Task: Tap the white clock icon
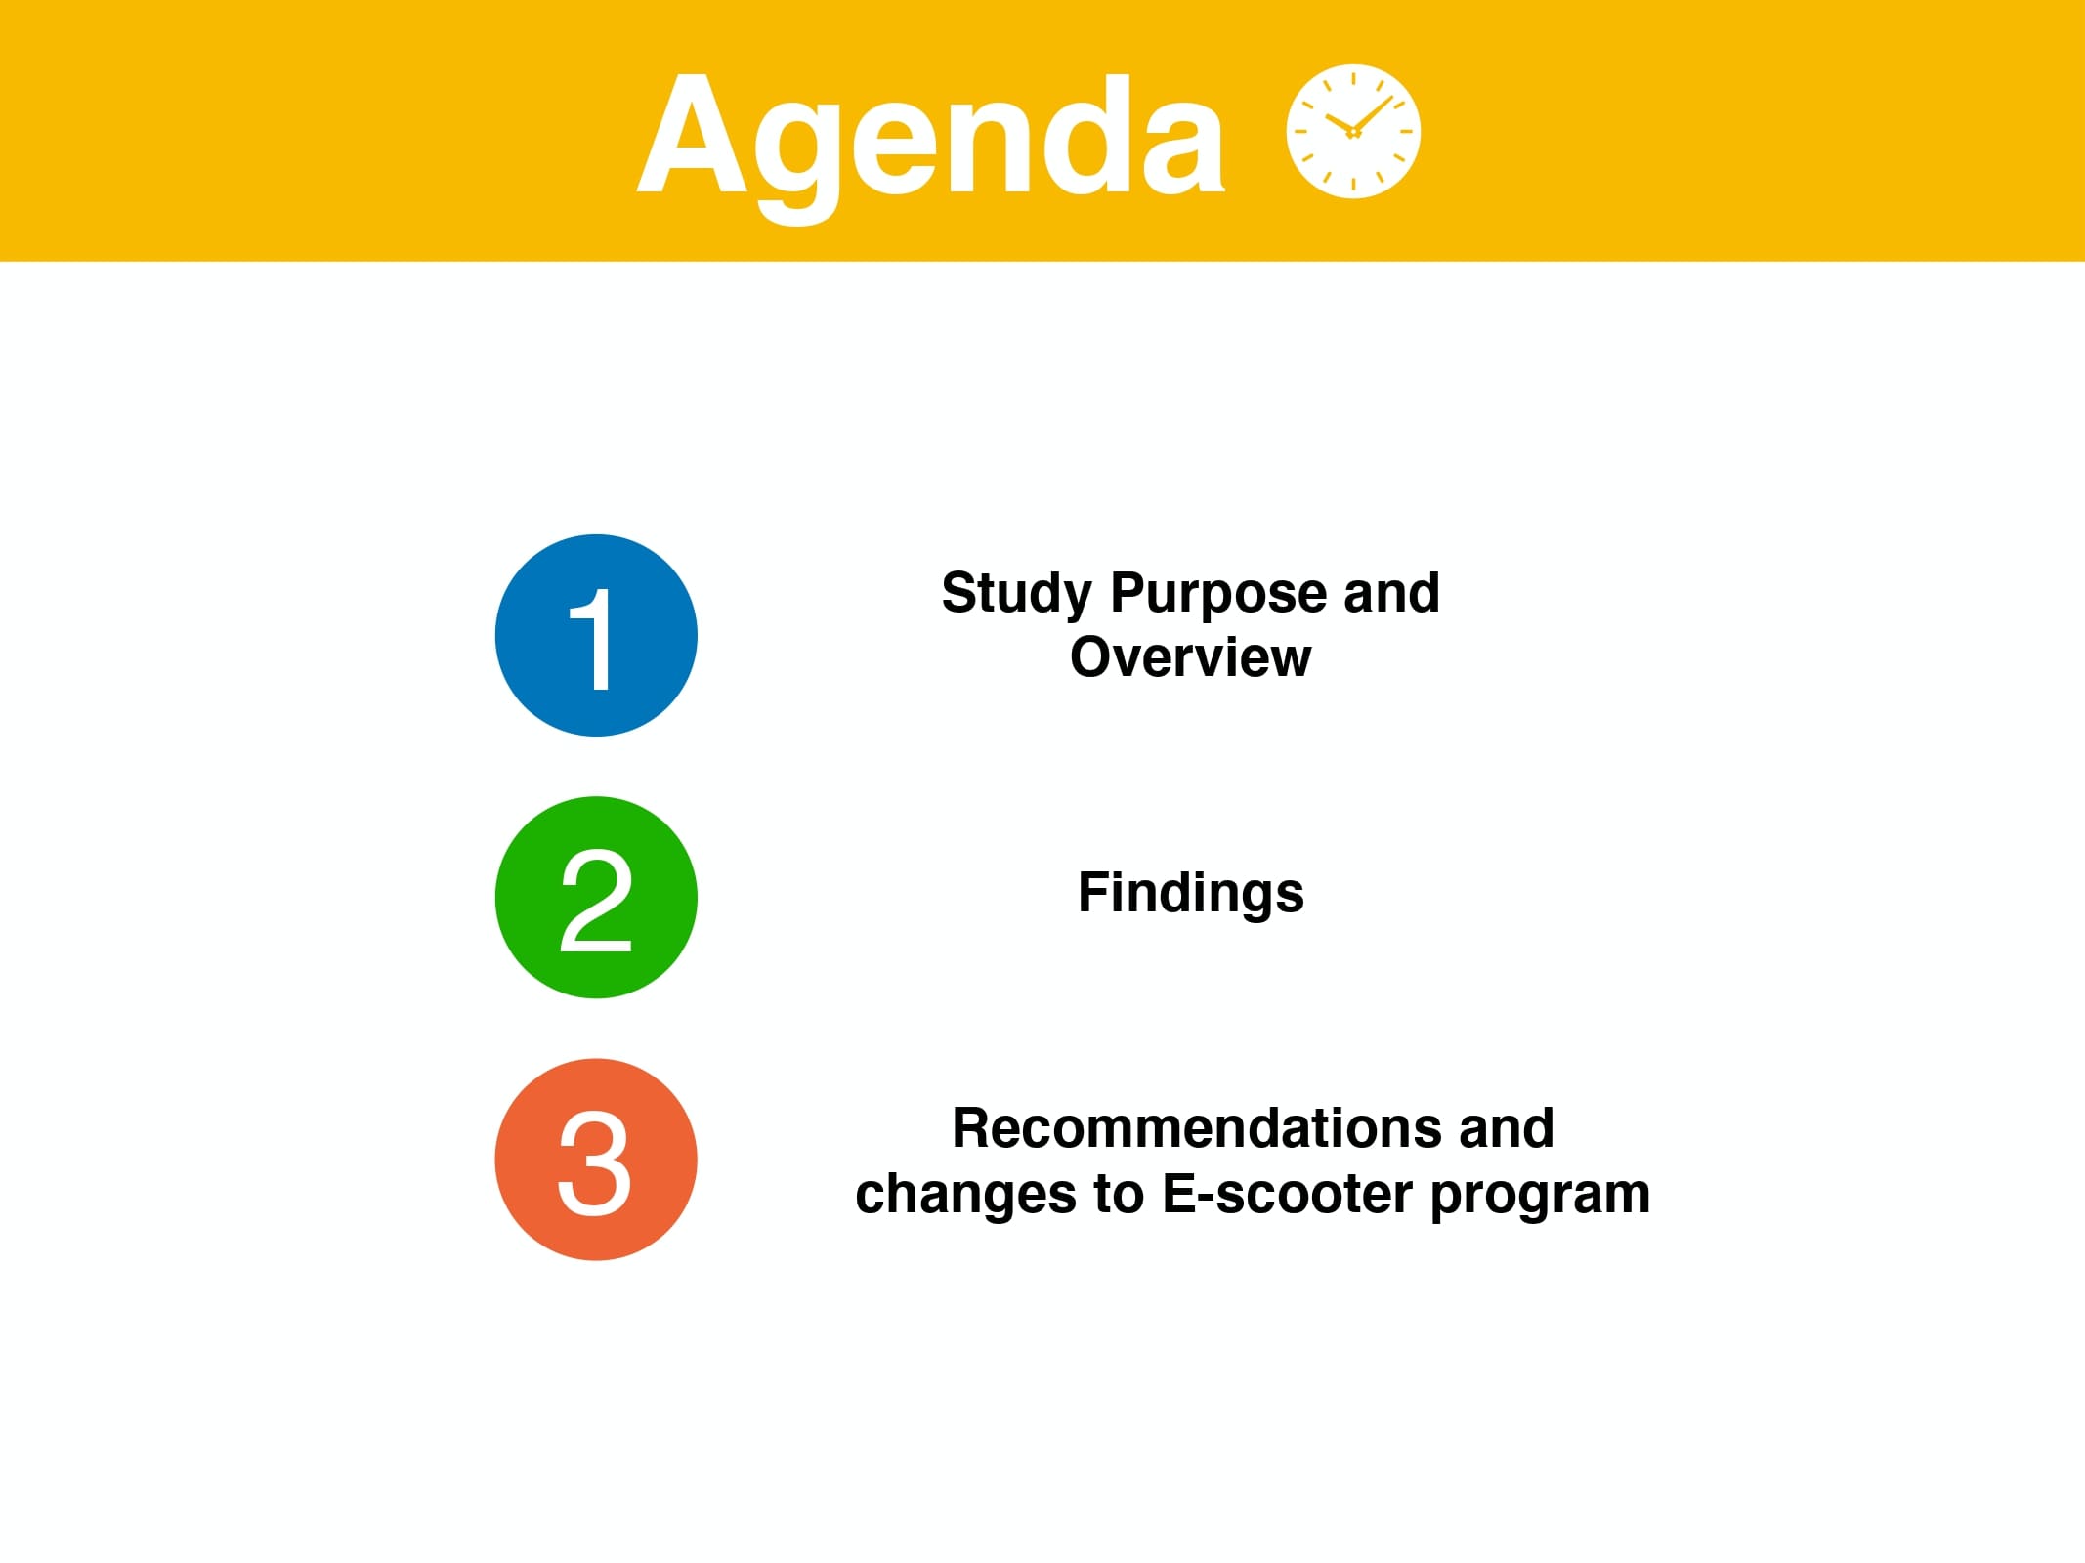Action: tap(1353, 132)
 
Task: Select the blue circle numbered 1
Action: tap(596, 636)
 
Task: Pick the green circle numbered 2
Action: tap(596, 898)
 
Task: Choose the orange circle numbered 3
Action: tap(596, 1160)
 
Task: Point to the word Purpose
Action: tap(1218, 594)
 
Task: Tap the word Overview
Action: tap(1190, 656)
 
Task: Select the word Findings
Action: tap(1190, 894)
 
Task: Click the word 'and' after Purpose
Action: tap(1391, 593)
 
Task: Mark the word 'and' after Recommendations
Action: tap(1506, 1128)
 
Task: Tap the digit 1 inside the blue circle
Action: tap(593, 639)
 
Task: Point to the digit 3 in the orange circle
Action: tap(594, 1162)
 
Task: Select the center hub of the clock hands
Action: tap(1353, 132)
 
